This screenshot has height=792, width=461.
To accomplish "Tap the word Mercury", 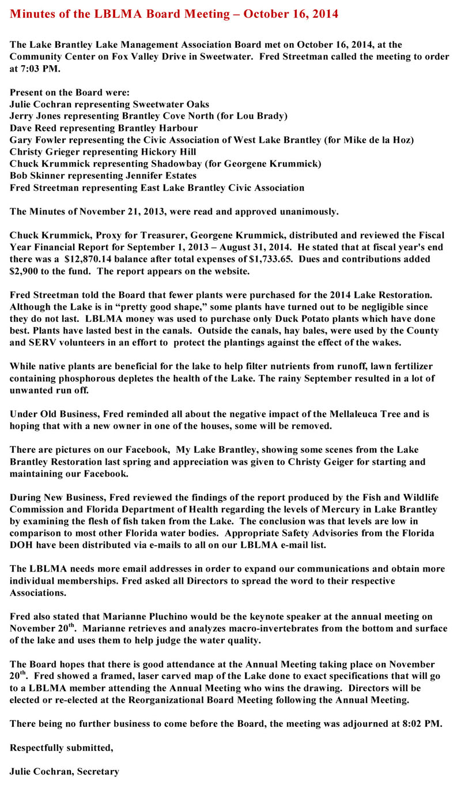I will [318, 509].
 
